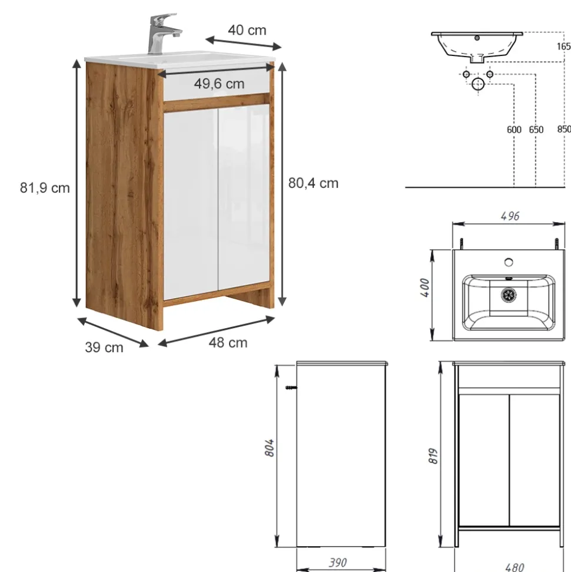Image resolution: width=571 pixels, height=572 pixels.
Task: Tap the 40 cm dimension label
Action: (247, 30)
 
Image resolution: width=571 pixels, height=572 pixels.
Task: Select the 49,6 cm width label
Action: (219, 84)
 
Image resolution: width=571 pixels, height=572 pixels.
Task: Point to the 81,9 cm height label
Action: (45, 188)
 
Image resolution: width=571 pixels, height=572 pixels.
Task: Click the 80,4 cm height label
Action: (313, 183)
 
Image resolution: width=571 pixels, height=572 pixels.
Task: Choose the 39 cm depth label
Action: (104, 348)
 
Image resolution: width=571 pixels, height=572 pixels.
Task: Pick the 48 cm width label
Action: (228, 343)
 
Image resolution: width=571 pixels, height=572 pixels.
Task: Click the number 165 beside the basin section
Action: (563, 47)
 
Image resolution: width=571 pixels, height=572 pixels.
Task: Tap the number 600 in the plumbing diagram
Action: (514, 130)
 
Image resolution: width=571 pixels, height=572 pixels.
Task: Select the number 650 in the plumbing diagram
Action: (536, 130)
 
